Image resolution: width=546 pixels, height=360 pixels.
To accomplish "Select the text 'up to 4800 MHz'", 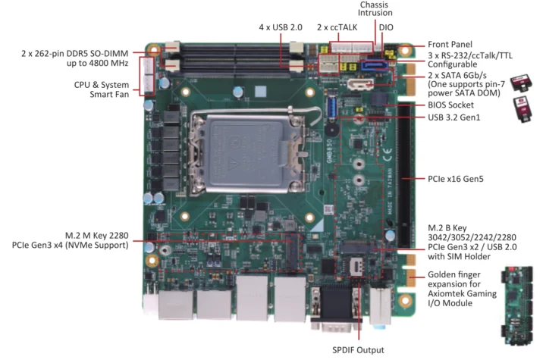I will pyautogui.click(x=96, y=64).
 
